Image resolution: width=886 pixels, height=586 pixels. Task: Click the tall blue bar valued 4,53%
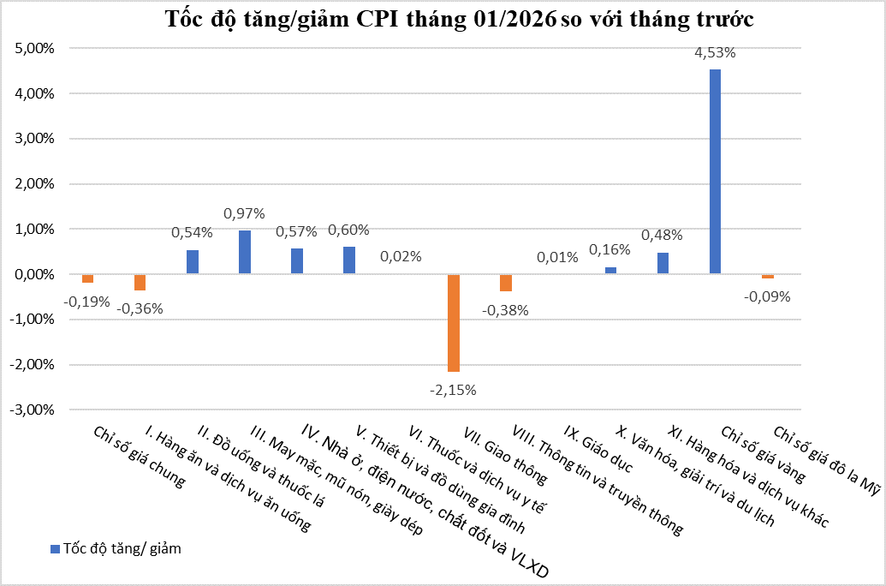[x=715, y=171]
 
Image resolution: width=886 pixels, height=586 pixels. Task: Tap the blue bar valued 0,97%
[x=245, y=252]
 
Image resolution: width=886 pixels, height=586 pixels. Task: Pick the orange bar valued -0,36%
[x=140, y=283]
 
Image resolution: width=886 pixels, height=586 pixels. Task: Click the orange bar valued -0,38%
[x=506, y=283]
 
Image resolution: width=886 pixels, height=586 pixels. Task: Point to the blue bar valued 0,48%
[x=663, y=263]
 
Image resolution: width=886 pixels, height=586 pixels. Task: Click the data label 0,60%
[x=348, y=230]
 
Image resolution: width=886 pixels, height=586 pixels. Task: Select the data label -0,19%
[x=86, y=301]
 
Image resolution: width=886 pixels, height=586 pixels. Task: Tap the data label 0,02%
[x=401, y=256]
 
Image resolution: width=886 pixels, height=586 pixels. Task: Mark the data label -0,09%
[x=767, y=296]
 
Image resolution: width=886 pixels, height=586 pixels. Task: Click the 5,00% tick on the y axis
[x=35, y=49]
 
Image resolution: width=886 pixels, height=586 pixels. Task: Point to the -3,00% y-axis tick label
[x=33, y=410]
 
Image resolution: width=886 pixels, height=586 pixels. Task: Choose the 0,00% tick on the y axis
[x=35, y=274]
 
